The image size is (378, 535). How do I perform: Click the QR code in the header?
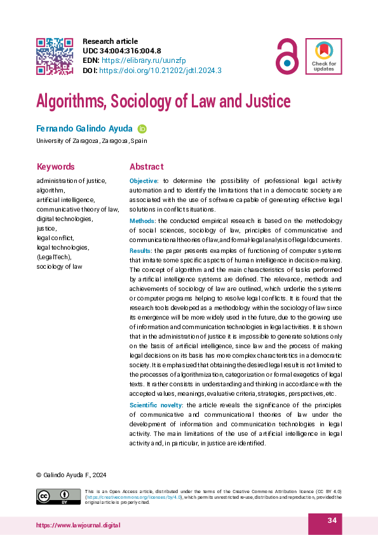click(x=54, y=57)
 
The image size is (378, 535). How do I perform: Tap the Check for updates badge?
click(x=323, y=57)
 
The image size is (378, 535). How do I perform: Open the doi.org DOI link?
click(x=160, y=70)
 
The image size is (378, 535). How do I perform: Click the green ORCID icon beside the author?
click(x=142, y=128)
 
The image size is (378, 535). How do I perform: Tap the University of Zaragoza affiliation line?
click(x=91, y=141)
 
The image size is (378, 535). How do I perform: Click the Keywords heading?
click(x=55, y=167)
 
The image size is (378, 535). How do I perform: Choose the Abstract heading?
click(x=146, y=167)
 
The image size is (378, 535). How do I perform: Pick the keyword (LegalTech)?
click(x=54, y=257)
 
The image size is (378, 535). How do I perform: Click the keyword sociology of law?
click(x=59, y=266)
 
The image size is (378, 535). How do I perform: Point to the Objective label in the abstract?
click(x=145, y=181)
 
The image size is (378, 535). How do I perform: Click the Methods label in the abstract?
click(x=143, y=220)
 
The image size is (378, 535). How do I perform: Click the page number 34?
click(x=332, y=522)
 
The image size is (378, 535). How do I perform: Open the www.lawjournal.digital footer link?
click(x=79, y=525)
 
